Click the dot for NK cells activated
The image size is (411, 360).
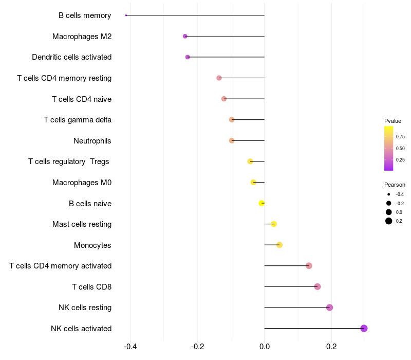point(364,328)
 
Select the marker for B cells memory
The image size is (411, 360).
point(126,15)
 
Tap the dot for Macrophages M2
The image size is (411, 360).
point(185,36)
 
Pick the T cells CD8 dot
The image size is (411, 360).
point(317,286)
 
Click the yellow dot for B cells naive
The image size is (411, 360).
point(261,203)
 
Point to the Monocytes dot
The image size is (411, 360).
point(279,245)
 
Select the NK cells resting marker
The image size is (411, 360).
point(329,308)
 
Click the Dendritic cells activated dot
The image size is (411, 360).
point(188,57)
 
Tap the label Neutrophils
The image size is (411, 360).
point(92,141)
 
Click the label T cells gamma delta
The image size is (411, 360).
point(78,120)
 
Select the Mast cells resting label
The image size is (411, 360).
point(82,224)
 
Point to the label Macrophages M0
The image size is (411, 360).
point(82,183)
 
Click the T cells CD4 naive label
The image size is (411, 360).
point(82,99)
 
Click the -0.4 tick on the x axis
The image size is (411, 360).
point(130,346)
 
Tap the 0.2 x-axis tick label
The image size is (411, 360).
point(331,346)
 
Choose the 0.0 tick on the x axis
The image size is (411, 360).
point(264,346)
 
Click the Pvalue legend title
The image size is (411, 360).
point(393,121)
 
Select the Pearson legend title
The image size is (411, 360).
point(395,185)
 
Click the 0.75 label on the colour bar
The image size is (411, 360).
point(400,137)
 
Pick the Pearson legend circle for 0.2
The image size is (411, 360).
point(389,221)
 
